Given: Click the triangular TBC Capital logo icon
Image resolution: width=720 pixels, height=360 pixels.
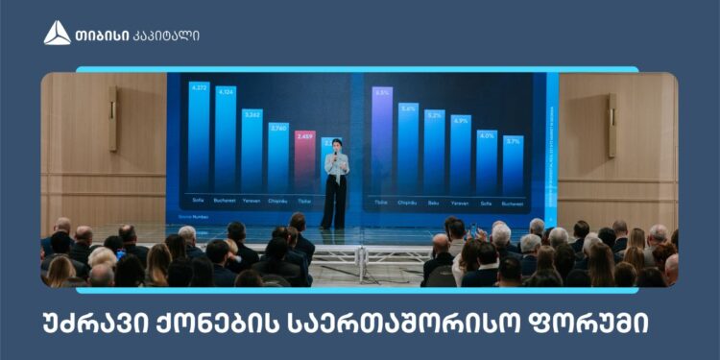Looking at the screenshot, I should coord(57,33).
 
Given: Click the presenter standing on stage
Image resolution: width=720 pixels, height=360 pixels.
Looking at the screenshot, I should coord(335,182).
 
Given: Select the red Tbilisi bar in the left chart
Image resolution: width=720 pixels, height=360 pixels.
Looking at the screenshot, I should coord(304,163).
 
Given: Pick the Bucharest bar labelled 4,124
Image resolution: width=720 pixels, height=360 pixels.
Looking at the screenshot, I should coord(226,140).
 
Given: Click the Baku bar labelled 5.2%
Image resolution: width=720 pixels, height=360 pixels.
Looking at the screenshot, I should coord(434,153).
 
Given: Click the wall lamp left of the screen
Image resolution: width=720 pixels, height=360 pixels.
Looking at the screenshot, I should coord(113,120).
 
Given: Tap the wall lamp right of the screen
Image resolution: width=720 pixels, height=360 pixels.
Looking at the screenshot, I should coord(612,125).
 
